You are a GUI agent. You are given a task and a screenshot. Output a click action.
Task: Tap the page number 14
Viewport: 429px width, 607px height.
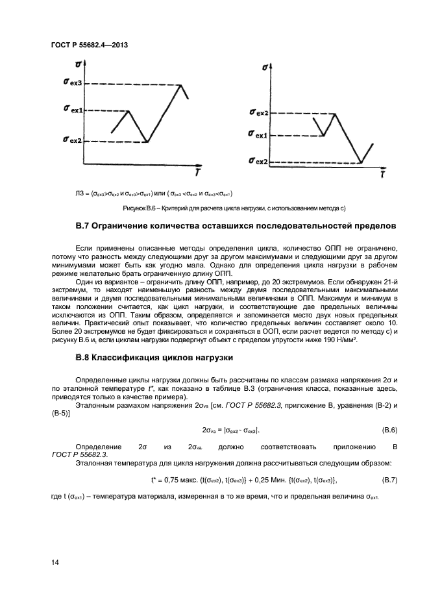55,563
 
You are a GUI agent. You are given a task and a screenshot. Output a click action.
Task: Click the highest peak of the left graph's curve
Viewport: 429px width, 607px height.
180,84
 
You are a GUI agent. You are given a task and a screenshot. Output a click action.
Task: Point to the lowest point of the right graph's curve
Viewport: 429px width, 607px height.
362,162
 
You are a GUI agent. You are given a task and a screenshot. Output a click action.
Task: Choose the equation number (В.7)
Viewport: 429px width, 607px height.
387,480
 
